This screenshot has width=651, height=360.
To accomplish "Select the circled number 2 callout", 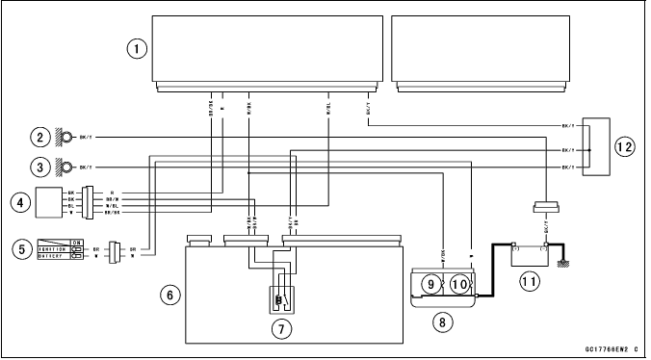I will (x=39, y=137).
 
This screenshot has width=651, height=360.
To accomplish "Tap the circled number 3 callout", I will (x=39, y=166).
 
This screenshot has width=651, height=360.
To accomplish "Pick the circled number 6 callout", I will (x=169, y=297).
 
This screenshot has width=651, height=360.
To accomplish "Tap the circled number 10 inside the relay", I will (x=459, y=284).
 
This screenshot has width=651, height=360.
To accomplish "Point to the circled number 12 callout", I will (x=625, y=146).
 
